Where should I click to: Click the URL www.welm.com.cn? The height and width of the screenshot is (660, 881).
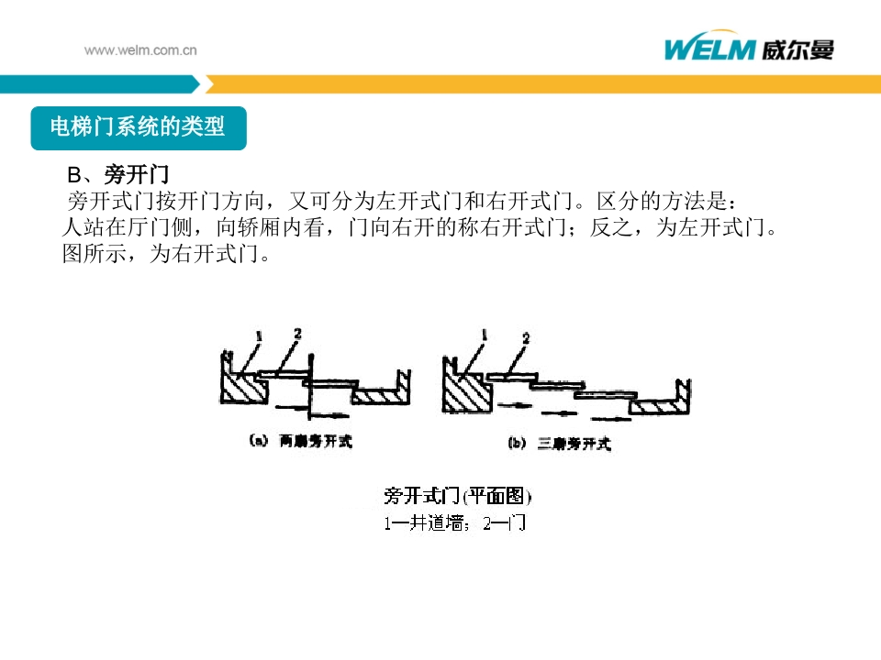(140, 50)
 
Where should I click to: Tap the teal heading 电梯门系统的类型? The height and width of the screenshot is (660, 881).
(138, 126)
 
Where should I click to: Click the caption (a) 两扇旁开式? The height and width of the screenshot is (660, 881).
(301, 442)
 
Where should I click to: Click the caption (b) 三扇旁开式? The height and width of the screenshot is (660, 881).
(560, 445)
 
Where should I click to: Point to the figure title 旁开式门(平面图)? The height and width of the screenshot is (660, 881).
(458, 497)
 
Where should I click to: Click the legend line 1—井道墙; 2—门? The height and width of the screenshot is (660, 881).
(454, 524)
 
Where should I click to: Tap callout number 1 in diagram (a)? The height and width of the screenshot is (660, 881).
(260, 336)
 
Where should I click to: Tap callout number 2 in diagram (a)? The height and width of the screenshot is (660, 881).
(296, 333)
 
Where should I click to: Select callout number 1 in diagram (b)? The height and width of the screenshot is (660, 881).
(484, 335)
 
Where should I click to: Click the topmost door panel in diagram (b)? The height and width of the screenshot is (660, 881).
(512, 376)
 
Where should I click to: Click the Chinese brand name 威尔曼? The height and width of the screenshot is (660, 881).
(797, 49)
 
